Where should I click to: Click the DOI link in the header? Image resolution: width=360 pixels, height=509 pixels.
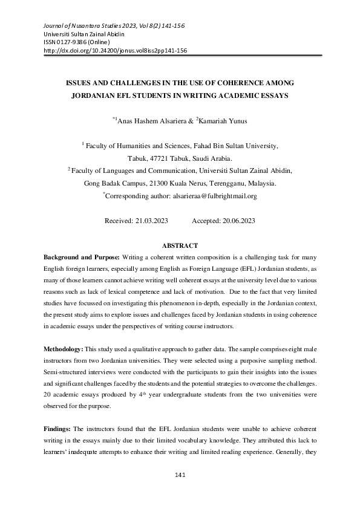pyautogui.click(x=116, y=51)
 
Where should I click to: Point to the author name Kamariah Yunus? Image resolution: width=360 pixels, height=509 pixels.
pyautogui.click(x=224, y=121)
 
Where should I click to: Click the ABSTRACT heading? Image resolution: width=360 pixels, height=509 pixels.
pyautogui.click(x=180, y=246)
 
